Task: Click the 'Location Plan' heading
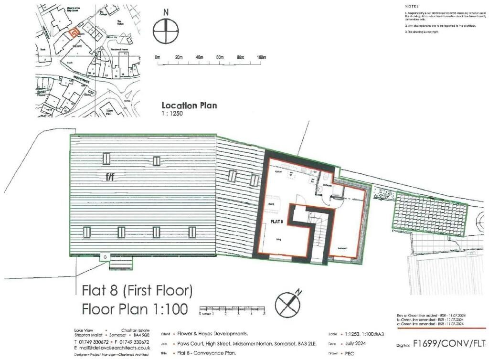pyautogui.click(x=189, y=106)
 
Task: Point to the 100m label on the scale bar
pyautogui.click(x=261, y=57)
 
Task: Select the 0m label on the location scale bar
pyautogui.click(x=157, y=57)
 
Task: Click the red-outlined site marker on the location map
pyautogui.click(x=72, y=33)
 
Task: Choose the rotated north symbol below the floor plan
pyautogui.click(x=287, y=303)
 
